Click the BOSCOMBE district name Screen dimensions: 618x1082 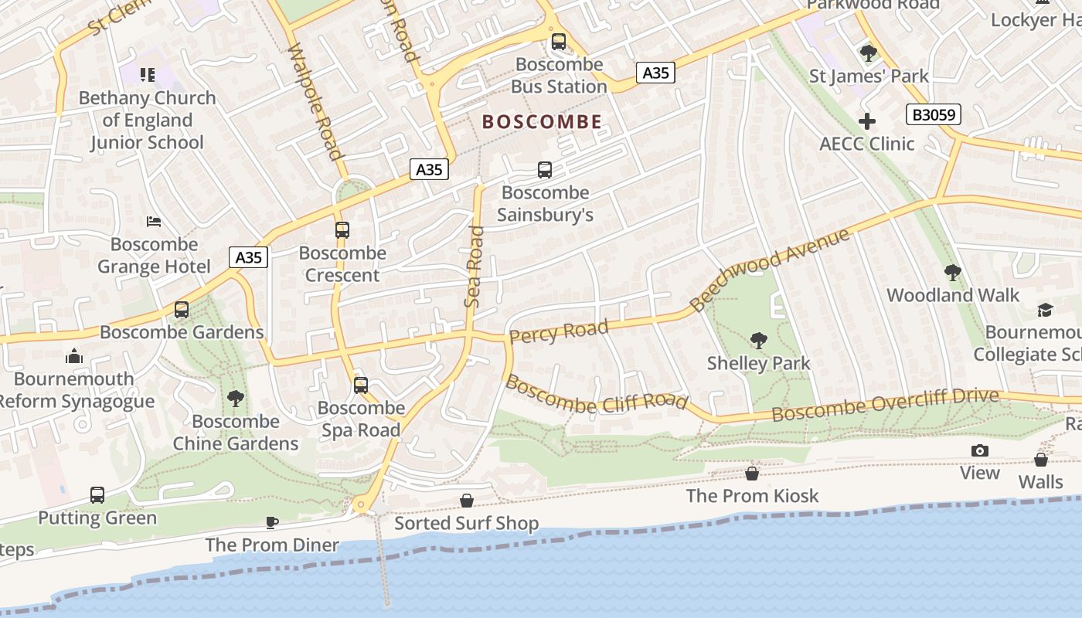coord(542,121)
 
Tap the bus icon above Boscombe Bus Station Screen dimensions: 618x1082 coord(558,42)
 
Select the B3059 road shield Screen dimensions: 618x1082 coord(933,115)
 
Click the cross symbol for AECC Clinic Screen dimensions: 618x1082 coord(867,121)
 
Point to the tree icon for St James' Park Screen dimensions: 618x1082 coord(868,53)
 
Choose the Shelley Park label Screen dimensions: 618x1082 coord(758,363)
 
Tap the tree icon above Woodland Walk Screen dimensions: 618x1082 coord(952,273)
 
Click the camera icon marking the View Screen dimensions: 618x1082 coord(979,450)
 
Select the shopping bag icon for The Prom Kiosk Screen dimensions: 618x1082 coord(751,474)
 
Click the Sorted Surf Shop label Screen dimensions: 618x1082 coord(466,523)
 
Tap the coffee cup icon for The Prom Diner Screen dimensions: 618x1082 coord(271,522)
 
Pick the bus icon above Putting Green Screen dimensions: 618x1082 coord(97,495)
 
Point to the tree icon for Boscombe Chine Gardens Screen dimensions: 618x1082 coord(235,399)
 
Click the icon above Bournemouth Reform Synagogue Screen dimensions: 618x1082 coord(74,356)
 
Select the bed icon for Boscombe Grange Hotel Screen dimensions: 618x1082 coord(154,222)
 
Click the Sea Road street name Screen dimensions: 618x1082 coord(474,267)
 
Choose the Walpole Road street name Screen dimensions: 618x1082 coord(314,101)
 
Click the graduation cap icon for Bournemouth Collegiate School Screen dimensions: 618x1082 coord(1045,310)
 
